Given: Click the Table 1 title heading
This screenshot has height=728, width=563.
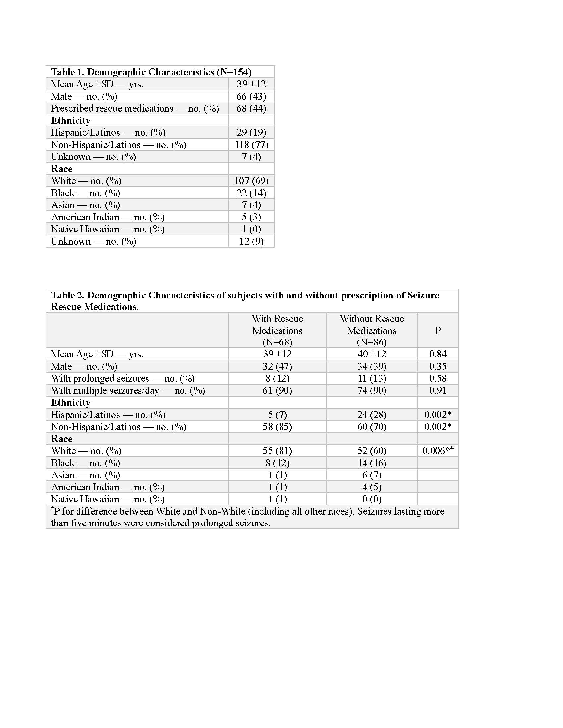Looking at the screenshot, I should pos(151,72).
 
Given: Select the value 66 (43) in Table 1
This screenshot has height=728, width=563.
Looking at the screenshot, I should pos(251,96).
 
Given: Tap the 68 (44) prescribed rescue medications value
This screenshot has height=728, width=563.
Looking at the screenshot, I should pos(251,108).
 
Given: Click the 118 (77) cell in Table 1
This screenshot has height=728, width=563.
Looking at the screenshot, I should pos(251,145).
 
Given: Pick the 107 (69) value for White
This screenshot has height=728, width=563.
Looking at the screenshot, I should pos(251,181).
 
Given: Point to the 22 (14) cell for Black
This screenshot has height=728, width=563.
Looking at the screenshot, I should pos(251,193).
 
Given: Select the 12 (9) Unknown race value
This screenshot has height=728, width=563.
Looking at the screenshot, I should pos(251,241).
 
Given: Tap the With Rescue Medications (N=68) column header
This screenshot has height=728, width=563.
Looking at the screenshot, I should pos(277,330).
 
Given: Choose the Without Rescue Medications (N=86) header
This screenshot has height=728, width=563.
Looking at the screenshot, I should pos(372,330).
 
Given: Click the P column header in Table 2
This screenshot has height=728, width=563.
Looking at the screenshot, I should pos(437,330).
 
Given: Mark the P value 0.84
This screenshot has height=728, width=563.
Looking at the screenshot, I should pos(437,354).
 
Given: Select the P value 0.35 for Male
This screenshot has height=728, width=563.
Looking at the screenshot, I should pos(437,366).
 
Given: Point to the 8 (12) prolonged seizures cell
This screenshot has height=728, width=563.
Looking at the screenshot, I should pos(277,378).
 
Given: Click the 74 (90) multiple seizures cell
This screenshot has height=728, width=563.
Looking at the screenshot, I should pos(372,390).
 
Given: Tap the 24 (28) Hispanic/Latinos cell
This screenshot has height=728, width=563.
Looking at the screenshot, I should pos(372,415).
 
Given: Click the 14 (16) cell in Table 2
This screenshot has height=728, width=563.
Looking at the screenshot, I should pos(372,463).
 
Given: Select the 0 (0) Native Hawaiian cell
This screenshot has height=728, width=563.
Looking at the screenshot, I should pos(372,499).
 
